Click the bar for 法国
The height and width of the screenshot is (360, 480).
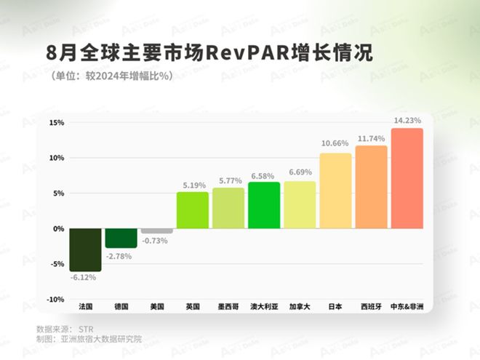coord(85,249)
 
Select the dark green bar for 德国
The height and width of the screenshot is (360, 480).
coord(121,238)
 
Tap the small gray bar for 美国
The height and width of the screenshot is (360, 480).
coord(156,231)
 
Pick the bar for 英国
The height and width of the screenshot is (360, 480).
coord(192,210)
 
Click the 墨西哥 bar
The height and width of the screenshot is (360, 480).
coord(228,208)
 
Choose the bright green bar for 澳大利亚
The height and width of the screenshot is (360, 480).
coord(263,205)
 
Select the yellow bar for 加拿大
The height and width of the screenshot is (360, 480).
coord(300,204)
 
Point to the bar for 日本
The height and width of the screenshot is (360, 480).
coord(335,191)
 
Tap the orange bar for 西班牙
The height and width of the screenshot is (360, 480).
coord(371,187)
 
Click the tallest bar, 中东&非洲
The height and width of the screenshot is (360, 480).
coord(407,178)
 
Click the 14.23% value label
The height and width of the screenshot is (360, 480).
coord(407,121)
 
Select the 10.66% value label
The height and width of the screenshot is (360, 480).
coord(335,145)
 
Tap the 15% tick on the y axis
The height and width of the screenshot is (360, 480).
coord(56,122)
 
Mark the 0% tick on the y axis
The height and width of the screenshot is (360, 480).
coord(58,228)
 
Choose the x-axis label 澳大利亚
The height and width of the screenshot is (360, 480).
coord(263,306)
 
